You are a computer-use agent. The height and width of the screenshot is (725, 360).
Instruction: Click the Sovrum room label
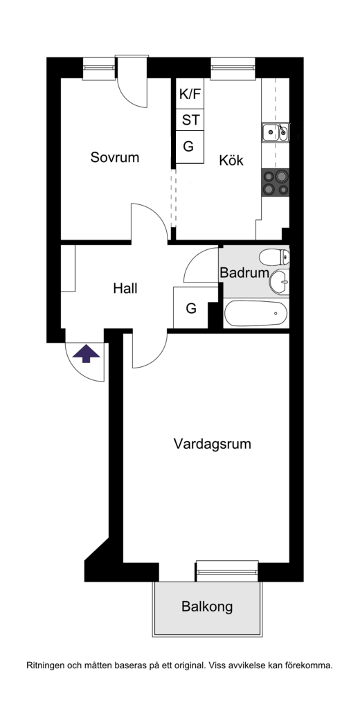[115, 157]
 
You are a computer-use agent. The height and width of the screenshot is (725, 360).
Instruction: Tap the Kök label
[231, 161]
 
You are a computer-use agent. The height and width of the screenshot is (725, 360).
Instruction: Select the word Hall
[125, 289]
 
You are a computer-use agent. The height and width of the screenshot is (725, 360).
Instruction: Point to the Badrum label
[244, 273]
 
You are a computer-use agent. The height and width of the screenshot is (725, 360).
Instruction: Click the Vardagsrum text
[212, 444]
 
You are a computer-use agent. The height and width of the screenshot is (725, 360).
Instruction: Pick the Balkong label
[207, 606]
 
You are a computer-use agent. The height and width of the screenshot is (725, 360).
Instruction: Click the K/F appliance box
[190, 94]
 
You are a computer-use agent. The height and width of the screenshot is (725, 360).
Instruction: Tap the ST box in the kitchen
[190, 120]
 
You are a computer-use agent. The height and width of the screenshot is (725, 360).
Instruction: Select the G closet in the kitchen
[190, 147]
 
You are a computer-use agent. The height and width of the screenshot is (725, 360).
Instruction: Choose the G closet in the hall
[191, 308]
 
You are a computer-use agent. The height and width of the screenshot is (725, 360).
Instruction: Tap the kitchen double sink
[276, 132]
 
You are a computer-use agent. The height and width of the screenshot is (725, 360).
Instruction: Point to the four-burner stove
[276, 182]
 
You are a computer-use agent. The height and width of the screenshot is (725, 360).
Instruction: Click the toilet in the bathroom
[274, 256]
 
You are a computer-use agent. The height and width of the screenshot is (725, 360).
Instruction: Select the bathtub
[255, 314]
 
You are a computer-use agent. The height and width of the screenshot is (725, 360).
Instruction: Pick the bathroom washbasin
[280, 282]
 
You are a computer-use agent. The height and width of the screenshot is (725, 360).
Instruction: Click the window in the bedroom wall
[99, 68]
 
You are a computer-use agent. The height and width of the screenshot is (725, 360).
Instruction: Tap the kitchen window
[233, 68]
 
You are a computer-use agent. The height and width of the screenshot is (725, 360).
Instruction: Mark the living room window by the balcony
[227, 571]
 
